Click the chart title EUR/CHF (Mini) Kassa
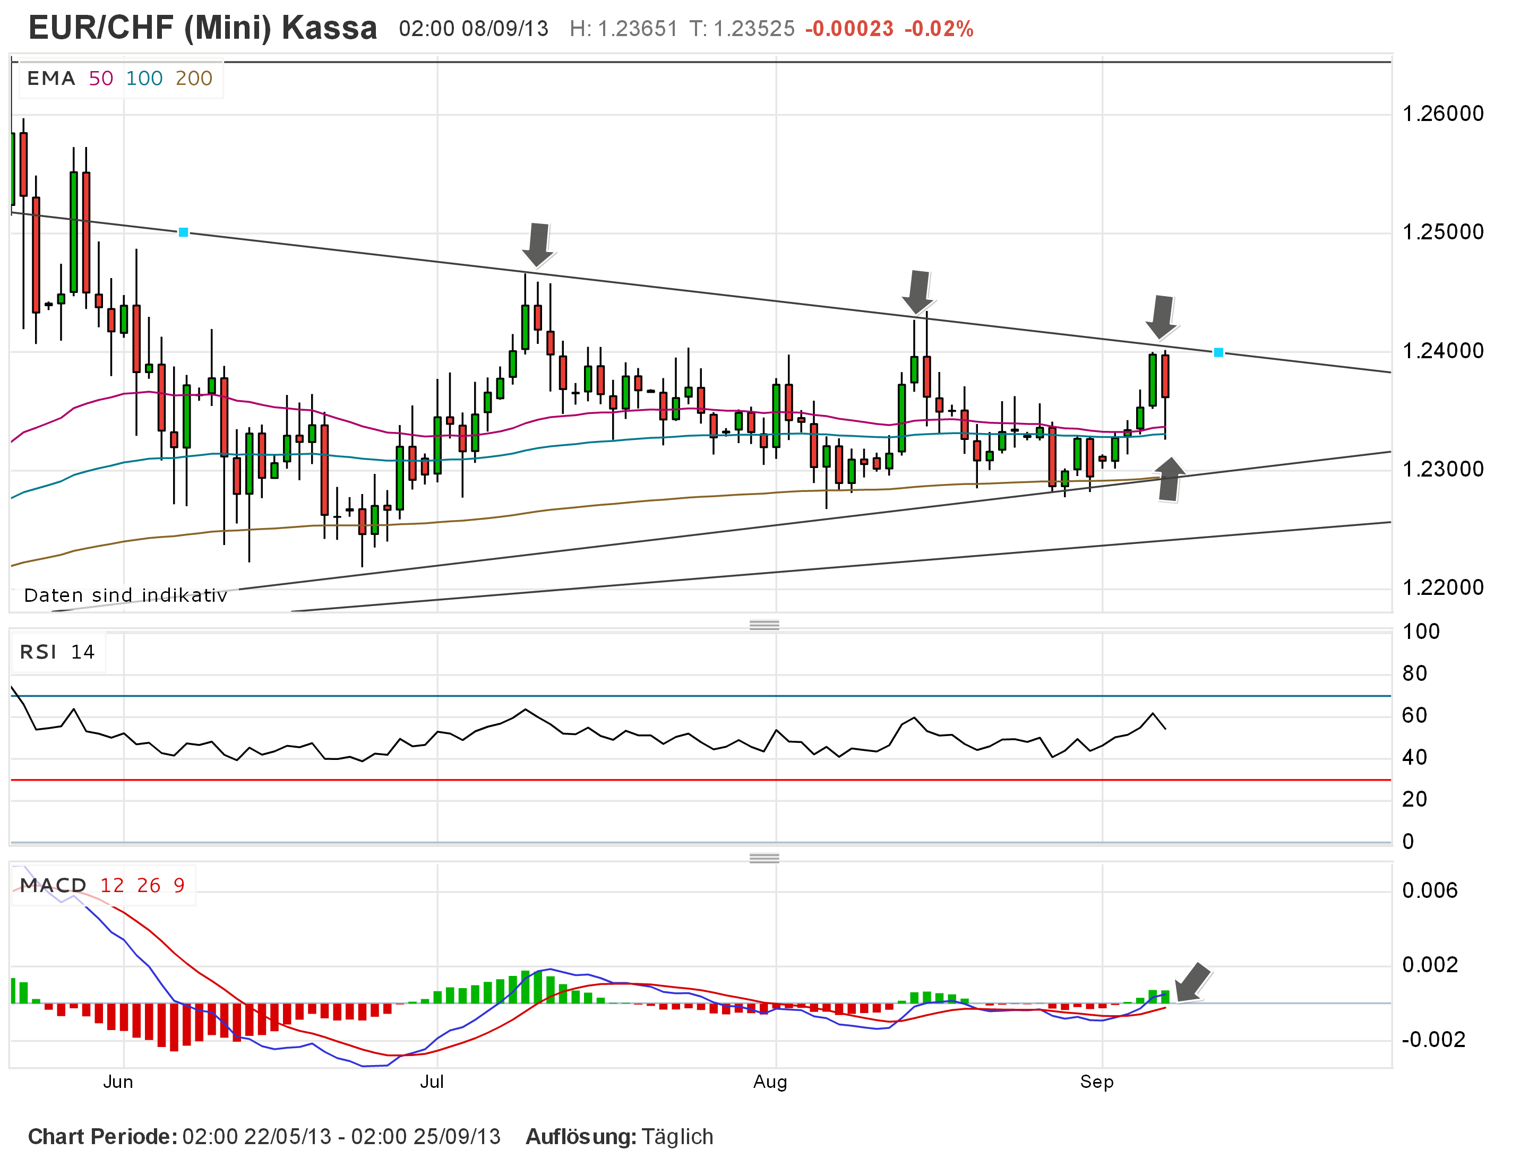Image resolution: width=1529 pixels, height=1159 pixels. pos(202,28)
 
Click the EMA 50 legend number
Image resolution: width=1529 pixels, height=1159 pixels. pos(101,78)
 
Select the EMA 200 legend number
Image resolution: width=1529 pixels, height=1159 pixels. pos(194,78)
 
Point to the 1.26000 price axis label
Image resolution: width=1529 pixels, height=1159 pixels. pos(1442,114)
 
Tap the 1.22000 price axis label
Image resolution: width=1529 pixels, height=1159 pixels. pos(1442,587)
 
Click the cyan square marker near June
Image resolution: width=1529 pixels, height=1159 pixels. pos(183,232)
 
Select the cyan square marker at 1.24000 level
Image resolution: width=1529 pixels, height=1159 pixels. pos(1218,352)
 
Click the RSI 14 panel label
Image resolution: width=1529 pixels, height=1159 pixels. pos(57,652)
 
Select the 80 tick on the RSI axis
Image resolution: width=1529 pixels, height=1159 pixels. pos(1414,673)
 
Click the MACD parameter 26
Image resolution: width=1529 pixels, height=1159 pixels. pos(149,885)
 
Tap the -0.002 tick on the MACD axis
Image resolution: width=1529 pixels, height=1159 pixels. pos(1432,1040)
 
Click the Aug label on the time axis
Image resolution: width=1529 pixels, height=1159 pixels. pos(770,1082)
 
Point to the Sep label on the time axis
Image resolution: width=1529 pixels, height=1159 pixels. pos(1096,1082)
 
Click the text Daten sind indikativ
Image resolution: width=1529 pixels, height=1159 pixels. pos(125,595)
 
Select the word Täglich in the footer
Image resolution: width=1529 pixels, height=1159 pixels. pos(677,1137)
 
